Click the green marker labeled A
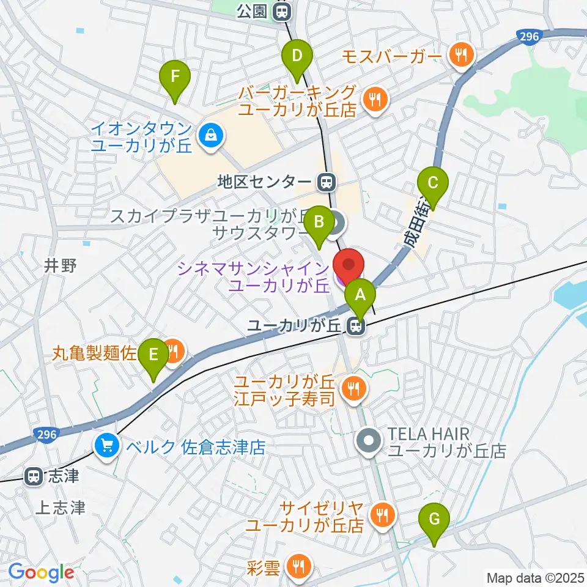[360, 296]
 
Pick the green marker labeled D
[297, 57]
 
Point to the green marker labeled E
[153, 355]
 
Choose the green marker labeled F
[175, 78]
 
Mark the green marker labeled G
[434, 520]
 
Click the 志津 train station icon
[33, 476]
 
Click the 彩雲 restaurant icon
[298, 566]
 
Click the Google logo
[41, 573]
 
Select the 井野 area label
[60, 265]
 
